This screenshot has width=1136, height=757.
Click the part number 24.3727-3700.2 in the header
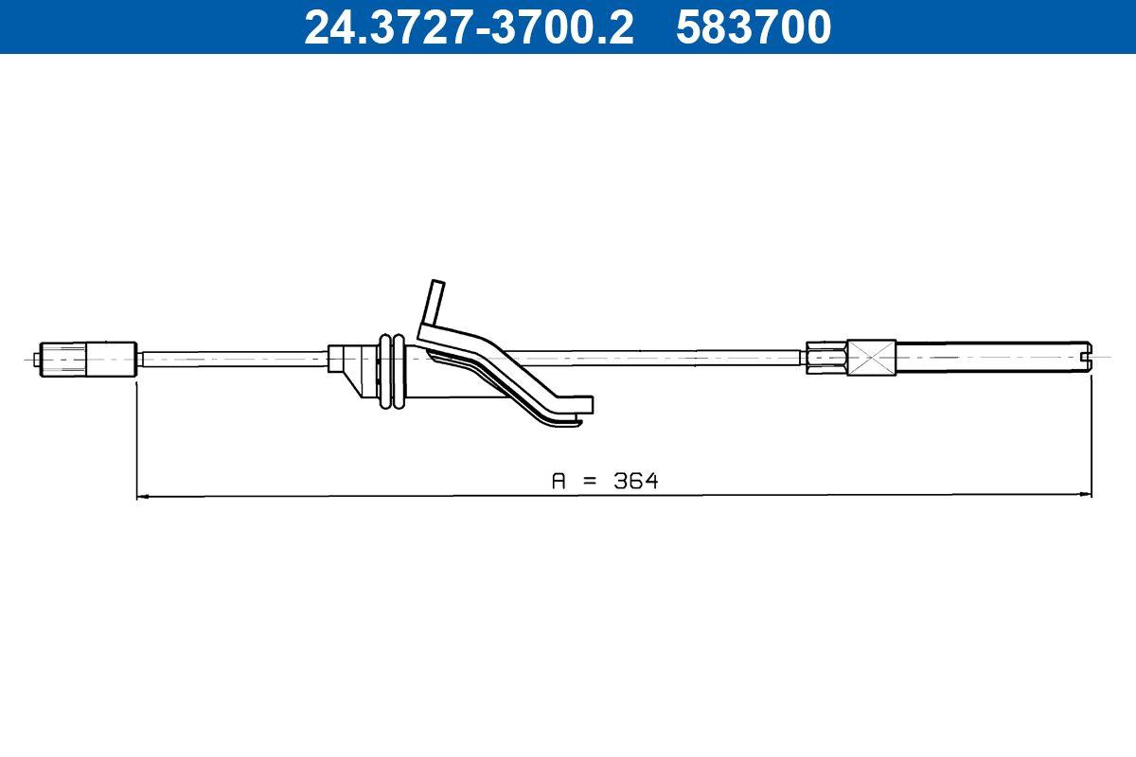(468, 26)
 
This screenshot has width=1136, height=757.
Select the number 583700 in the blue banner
(754, 26)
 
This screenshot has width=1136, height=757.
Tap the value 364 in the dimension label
(635, 481)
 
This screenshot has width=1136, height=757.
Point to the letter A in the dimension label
(559, 481)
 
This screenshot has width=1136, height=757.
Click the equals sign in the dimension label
(590, 481)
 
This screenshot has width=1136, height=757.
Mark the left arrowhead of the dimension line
(142, 495)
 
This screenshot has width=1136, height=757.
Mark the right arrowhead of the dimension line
(1087, 495)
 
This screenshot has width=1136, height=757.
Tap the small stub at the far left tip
(37, 360)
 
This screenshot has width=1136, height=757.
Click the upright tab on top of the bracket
(435, 301)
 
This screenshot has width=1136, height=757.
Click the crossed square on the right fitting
(871, 359)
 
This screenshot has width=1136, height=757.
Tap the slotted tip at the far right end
(1084, 359)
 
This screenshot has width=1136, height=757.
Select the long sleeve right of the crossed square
(985, 359)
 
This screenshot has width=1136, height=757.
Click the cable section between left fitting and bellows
(233, 359)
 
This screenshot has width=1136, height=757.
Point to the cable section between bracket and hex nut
(663, 357)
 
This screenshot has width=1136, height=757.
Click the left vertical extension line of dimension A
(137, 435)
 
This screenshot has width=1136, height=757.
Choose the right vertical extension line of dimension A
(1092, 435)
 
